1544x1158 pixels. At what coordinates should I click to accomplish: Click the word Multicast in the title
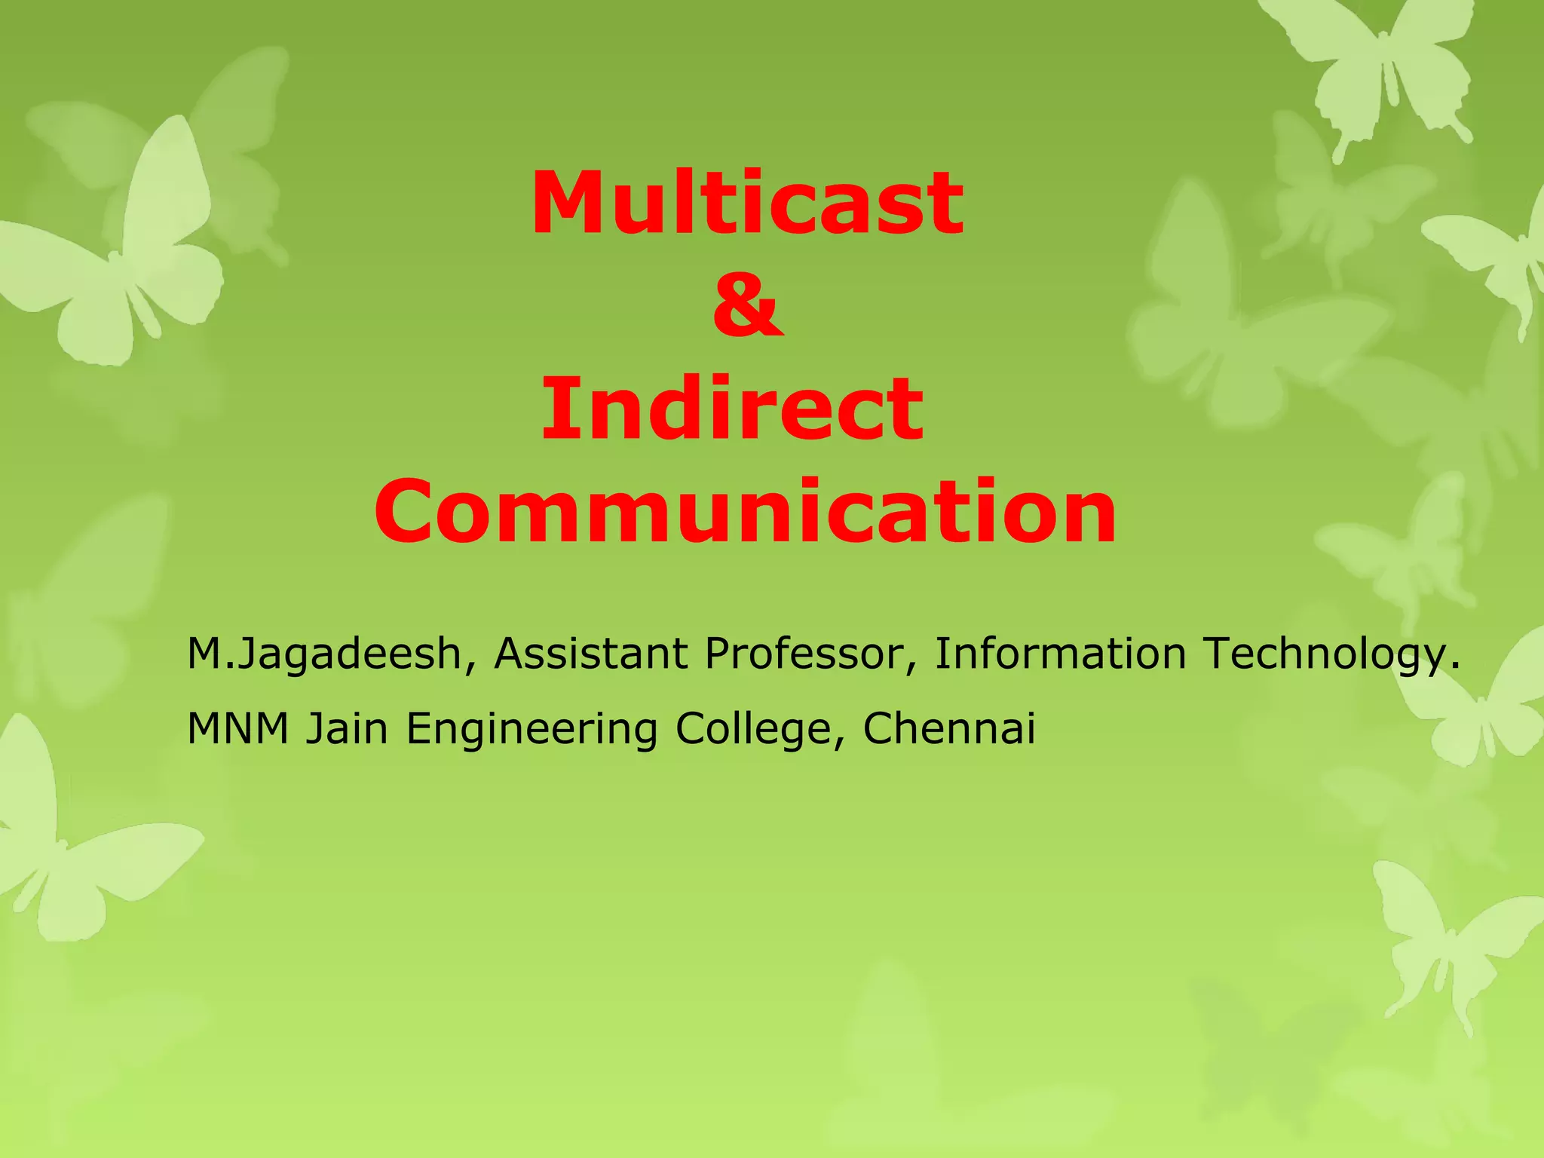746,204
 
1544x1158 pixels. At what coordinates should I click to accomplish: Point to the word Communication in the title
745,513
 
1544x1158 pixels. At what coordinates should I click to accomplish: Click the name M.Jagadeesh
324,654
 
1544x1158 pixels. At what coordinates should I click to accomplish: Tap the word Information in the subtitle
1060,653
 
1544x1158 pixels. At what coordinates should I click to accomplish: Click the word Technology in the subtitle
1324,654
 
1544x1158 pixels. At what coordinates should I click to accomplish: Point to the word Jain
347,728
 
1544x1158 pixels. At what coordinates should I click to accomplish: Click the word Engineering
532,730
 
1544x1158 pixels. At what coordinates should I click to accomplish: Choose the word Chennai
949,728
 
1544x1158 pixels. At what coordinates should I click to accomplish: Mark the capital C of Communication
411,513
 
